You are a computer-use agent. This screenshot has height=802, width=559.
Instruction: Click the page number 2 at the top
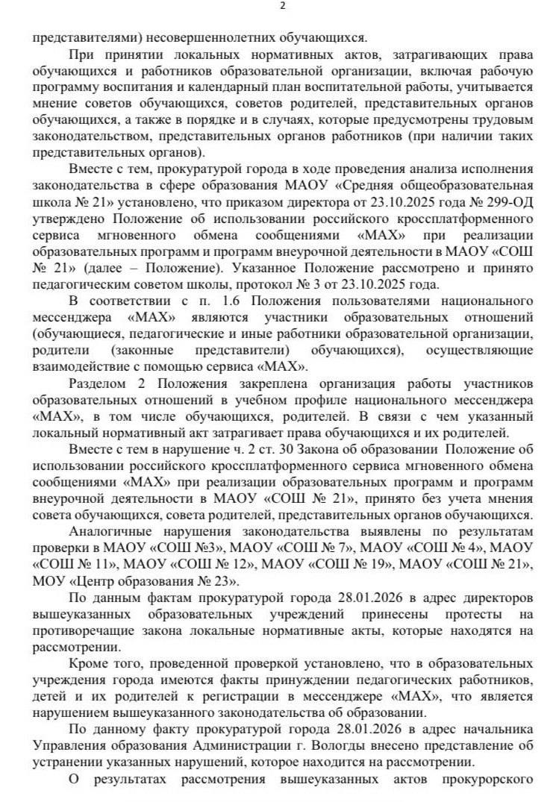pos(281,7)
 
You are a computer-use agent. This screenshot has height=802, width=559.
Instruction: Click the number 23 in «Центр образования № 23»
pos(220,580)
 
